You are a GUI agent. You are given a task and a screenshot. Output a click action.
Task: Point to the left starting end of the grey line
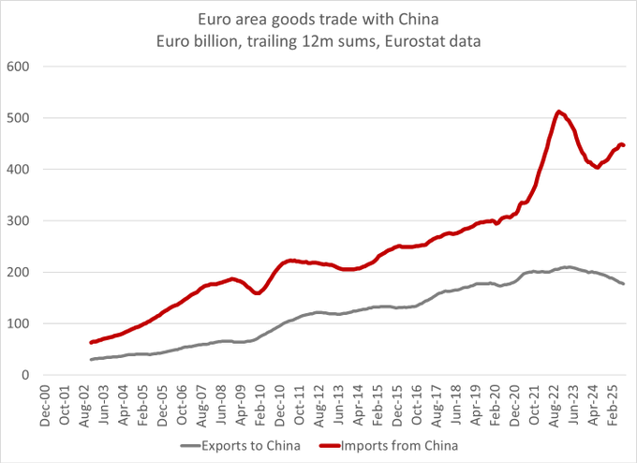(x=91, y=360)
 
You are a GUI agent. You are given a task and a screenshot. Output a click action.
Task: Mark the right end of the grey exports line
(x=624, y=284)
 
